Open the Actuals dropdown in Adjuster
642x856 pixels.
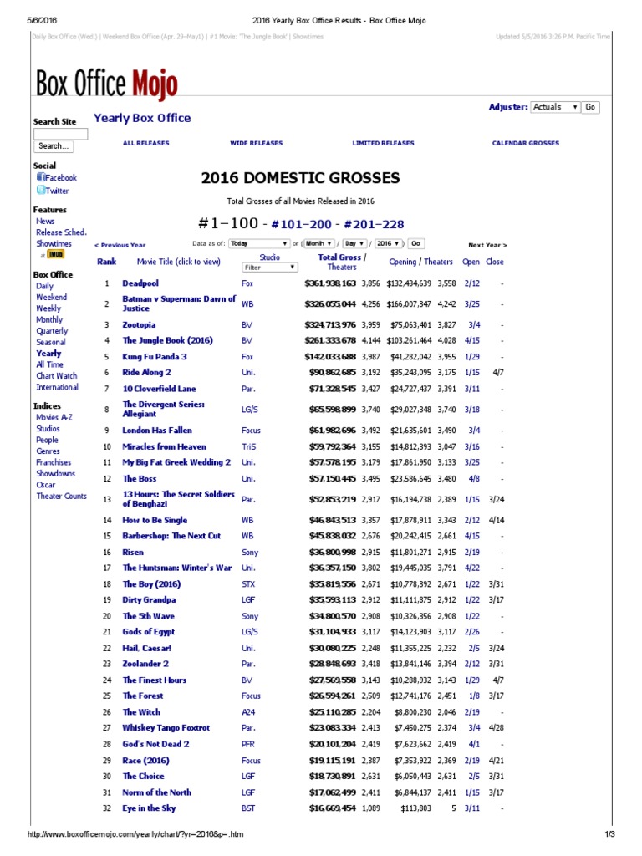555,107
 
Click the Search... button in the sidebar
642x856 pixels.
53,146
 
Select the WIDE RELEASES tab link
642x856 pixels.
257,143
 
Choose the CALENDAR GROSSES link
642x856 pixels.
525,143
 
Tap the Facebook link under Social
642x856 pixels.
60,178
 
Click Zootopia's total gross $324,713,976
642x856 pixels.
330,324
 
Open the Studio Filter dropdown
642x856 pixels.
269,267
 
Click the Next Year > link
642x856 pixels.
487,245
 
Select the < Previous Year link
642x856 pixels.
120,245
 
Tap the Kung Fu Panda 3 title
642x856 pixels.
155,356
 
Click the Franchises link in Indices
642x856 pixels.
53,462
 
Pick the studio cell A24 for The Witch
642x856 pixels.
248,712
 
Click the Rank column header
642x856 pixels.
106,262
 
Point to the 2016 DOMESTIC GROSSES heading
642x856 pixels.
300,178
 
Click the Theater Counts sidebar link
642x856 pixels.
61,496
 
